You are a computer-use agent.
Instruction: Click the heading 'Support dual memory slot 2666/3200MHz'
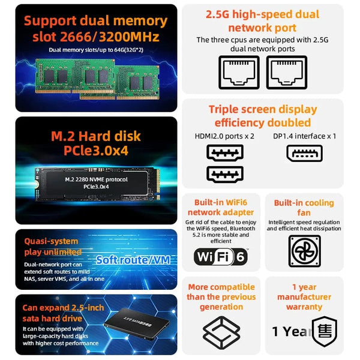pos(92,29)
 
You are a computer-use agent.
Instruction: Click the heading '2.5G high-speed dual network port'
pos(262,20)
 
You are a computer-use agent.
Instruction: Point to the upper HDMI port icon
pos(224,152)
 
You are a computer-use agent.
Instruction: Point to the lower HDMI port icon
pos(224,175)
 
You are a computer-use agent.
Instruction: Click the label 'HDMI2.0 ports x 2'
pos(225,136)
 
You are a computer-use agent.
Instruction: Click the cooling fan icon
pos(305,250)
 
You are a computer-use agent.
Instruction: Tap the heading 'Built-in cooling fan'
pos(305,208)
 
